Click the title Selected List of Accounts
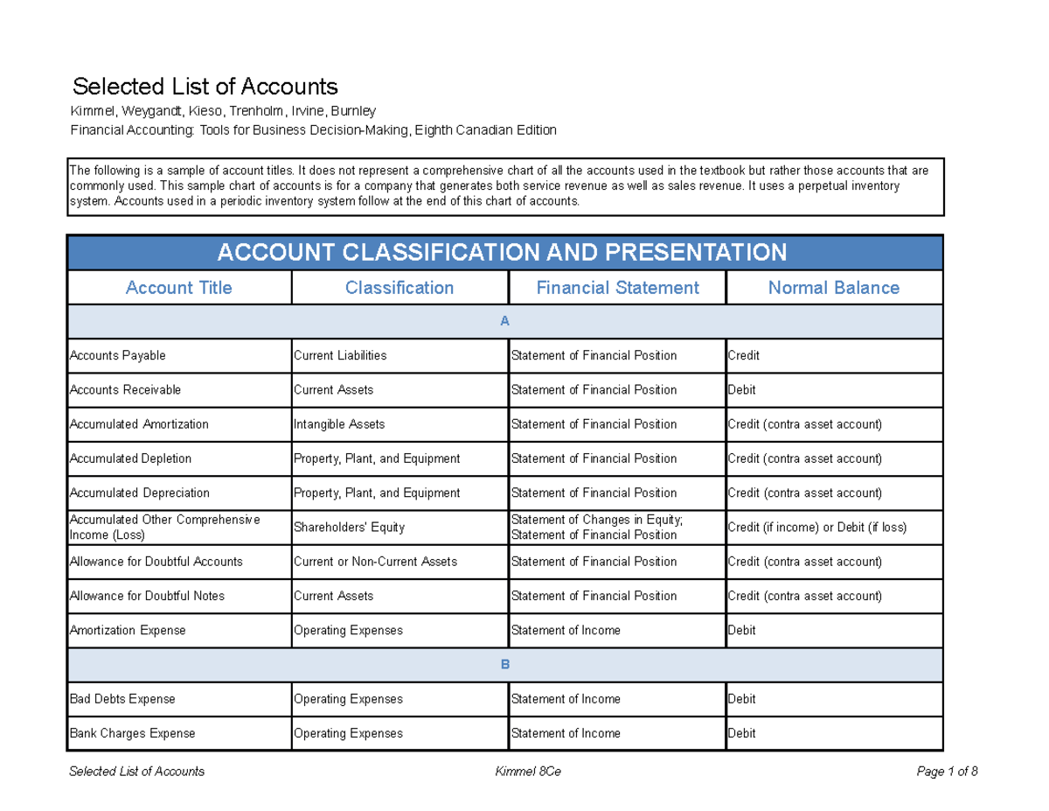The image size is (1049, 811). tap(205, 87)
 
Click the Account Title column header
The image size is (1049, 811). tap(179, 288)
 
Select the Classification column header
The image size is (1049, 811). tap(399, 288)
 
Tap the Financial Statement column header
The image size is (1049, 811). tap(617, 288)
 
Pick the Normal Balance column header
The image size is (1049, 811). tap(833, 288)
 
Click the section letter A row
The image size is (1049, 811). tap(504, 322)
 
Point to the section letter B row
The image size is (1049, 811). tap(504, 665)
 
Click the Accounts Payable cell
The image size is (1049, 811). tap(117, 356)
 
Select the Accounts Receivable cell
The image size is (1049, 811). tap(125, 390)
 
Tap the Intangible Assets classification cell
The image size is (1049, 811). tap(339, 424)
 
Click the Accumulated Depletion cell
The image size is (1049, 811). tap(130, 458)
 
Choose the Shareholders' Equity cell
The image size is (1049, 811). tap(349, 528)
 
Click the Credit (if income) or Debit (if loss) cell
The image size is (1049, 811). tap(816, 528)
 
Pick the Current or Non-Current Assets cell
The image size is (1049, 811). tap(375, 562)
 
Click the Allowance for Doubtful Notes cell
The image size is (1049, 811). tap(147, 596)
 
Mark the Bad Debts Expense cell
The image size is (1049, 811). tap(122, 699)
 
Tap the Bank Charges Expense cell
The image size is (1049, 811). tap(132, 733)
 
